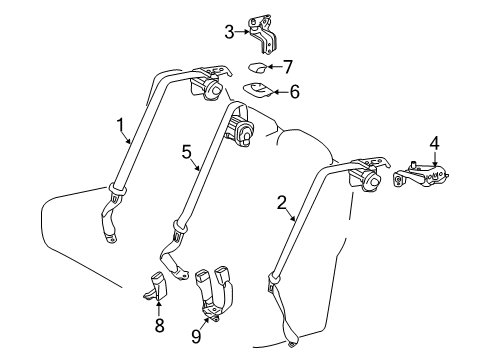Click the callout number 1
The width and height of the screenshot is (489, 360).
pyautogui.click(x=120, y=125)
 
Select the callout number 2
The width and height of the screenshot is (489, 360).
pyautogui.click(x=283, y=202)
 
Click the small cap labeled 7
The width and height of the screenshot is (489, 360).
pyautogui.click(x=255, y=68)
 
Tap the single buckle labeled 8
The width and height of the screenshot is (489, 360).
pyautogui.click(x=157, y=286)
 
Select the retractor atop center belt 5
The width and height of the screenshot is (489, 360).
pyautogui.click(x=244, y=133)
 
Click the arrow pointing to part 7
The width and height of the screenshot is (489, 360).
pyautogui.click(x=274, y=67)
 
